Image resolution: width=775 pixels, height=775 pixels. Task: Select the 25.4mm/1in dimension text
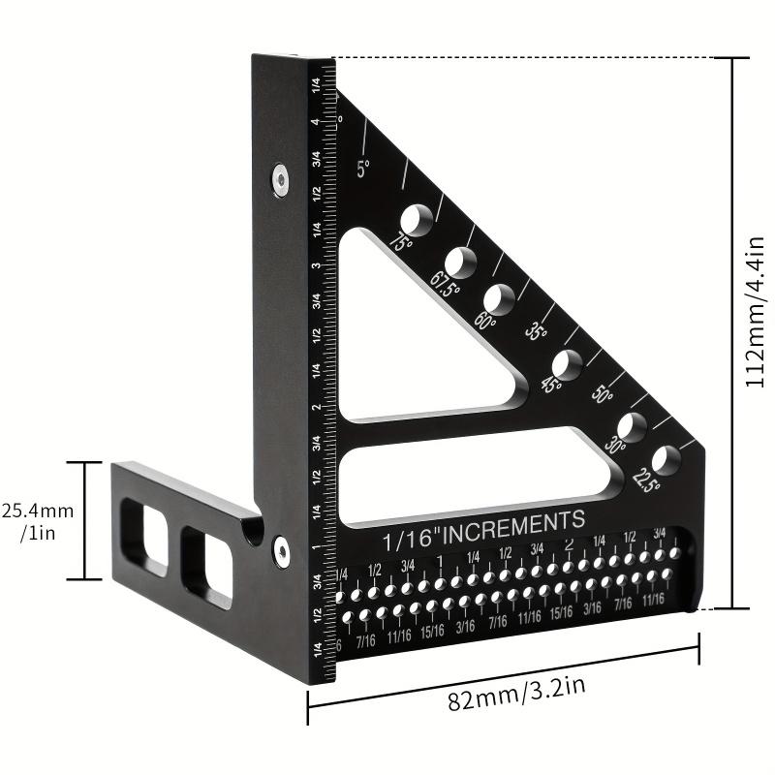click(39, 522)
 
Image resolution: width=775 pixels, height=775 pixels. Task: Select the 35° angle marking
click(536, 331)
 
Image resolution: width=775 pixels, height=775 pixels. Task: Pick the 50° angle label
click(603, 395)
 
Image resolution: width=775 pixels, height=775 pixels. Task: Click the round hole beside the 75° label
click(418, 219)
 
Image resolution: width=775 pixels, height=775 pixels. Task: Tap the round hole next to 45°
click(568, 364)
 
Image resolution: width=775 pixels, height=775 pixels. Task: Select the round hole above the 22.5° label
click(666, 458)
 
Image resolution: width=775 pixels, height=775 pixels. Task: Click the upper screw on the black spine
click(280, 177)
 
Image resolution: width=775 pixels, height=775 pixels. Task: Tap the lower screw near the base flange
click(280, 549)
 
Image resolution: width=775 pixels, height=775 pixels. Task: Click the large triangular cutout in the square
click(407, 339)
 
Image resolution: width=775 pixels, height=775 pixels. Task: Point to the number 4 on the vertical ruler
click(315, 123)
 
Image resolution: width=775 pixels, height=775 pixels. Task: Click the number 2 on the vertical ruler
click(315, 407)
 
